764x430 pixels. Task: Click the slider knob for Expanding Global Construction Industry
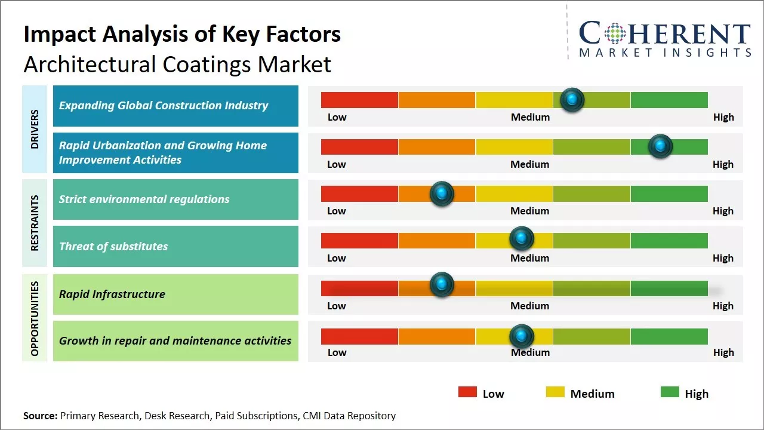[572, 100]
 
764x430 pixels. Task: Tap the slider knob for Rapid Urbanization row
[660, 146]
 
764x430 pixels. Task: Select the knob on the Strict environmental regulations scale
[442, 193]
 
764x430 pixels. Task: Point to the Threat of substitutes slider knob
[522, 239]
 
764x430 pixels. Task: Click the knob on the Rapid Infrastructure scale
[442, 284]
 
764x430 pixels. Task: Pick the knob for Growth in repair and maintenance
[522, 336]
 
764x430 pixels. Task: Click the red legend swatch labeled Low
[467, 392]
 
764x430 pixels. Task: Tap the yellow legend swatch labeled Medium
[555, 392]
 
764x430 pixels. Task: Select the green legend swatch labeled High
[670, 392]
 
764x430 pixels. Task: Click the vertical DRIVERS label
[34, 128]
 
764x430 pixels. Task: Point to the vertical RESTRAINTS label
[34, 223]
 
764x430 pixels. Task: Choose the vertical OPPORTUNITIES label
[34, 318]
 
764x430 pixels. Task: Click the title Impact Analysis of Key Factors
[182, 34]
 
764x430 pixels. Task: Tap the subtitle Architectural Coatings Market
[177, 64]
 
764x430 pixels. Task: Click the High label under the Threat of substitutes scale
[723, 258]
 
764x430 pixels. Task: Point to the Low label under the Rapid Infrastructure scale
[337, 306]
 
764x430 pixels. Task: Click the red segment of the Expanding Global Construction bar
[359, 100]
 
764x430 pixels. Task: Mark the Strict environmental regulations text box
[175, 199]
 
